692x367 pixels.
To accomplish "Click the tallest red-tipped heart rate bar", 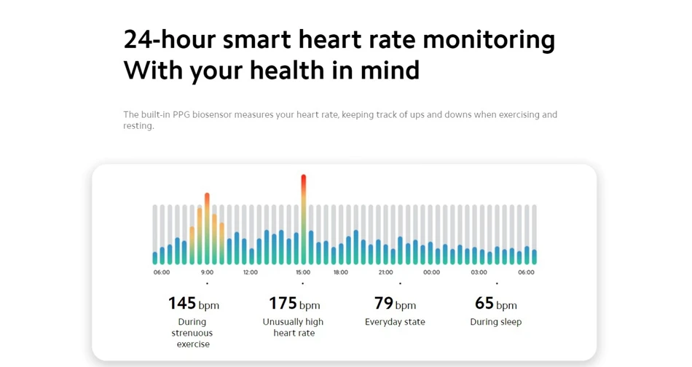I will [304, 218].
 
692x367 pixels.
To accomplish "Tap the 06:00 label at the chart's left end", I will [162, 272].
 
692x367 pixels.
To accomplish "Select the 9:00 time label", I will [208, 272].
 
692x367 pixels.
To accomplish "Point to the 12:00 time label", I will [250, 272].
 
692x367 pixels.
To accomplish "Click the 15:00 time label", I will [303, 272].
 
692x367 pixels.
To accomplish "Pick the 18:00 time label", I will [341, 272].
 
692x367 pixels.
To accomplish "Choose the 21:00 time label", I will [385, 272].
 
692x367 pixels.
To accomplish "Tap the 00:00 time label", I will [431, 272].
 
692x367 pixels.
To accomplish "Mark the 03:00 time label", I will [479, 272].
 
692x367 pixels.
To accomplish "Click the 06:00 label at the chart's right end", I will [526, 272].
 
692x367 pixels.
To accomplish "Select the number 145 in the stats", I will [182, 303].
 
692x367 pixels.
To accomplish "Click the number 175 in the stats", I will [283, 303].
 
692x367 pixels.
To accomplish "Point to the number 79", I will [383, 303].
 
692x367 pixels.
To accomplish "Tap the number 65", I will [484, 303].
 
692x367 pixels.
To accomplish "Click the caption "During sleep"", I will [495, 322].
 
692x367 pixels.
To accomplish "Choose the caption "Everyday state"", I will [395, 322].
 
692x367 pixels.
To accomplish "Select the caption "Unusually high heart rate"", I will [294, 327].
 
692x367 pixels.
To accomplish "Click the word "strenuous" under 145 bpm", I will [192, 333].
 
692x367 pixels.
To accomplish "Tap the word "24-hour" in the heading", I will [169, 39].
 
